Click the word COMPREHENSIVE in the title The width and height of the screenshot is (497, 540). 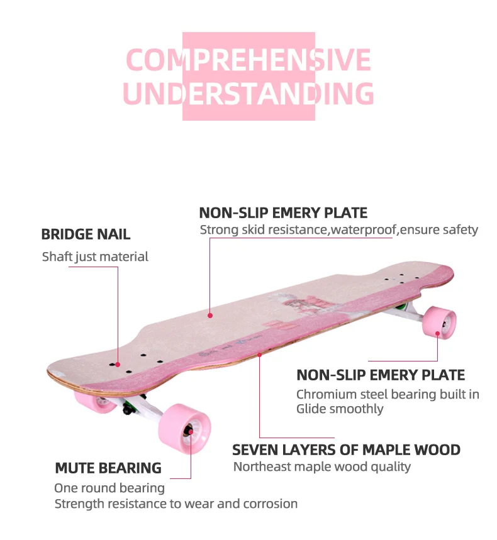click(248, 61)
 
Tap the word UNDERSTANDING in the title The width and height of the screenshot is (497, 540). click(248, 93)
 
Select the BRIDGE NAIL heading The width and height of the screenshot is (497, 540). click(86, 234)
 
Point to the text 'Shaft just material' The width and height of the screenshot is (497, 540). click(95, 256)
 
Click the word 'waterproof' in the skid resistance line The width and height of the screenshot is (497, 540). click(364, 230)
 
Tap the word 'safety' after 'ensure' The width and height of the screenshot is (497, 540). click(459, 230)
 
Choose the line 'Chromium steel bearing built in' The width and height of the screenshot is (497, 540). click(388, 394)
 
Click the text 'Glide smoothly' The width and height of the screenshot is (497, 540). click(340, 409)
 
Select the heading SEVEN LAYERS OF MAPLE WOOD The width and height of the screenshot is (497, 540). click(346, 450)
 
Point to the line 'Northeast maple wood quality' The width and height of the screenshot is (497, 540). click(321, 466)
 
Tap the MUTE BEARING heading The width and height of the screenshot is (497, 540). click(108, 468)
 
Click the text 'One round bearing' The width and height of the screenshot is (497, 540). click(109, 488)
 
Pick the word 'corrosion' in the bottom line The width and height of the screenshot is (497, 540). click(269, 504)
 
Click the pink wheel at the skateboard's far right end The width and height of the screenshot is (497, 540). click(439, 322)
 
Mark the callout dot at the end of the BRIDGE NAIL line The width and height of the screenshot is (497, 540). click(118, 363)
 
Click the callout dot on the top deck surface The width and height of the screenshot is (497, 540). click(210, 315)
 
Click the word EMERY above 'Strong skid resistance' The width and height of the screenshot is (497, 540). click(294, 212)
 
